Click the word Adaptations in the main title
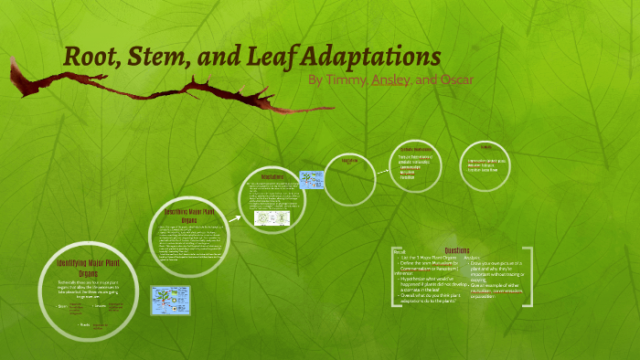click(x=366, y=56)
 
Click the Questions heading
click(x=457, y=250)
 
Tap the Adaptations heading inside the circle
click(x=274, y=176)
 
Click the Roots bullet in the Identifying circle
click(x=84, y=324)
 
